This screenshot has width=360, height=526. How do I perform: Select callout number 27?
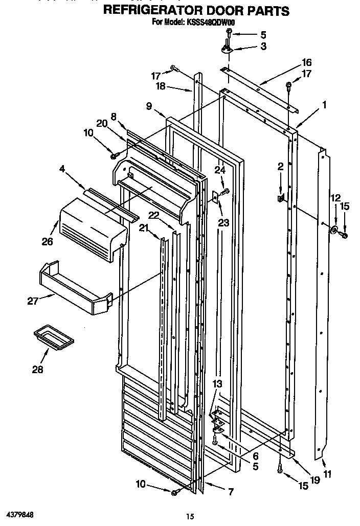click(33, 301)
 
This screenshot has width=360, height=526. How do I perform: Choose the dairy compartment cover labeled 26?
click(92, 228)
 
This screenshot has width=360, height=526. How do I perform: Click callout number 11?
click(327, 474)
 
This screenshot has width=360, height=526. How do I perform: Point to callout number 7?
click(231, 492)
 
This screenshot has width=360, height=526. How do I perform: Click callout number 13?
click(217, 383)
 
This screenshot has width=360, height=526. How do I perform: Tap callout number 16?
click(307, 62)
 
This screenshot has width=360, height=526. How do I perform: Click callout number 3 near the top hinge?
click(263, 47)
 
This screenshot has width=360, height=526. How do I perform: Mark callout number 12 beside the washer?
click(335, 197)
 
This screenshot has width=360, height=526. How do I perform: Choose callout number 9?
click(149, 106)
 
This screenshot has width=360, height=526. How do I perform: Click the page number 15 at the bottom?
click(190, 517)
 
